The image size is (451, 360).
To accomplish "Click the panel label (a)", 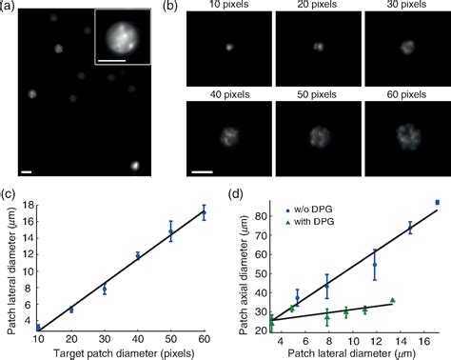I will point(10,8).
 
